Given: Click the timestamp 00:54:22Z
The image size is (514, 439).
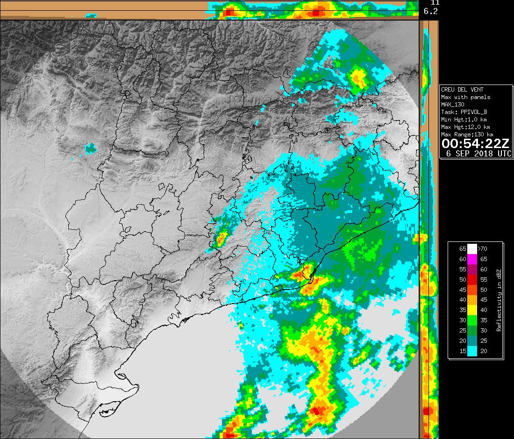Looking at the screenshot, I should point(476,144).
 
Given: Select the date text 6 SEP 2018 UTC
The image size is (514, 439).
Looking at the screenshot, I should point(478,154).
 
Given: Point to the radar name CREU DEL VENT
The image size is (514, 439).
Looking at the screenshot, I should point(462,90).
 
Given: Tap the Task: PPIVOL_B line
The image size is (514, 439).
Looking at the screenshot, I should point(464,112).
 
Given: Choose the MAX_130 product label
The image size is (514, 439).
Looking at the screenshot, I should point(454,105).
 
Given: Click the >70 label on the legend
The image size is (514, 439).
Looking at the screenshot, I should point(484,249).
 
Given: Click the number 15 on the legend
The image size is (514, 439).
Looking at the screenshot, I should point(463,352).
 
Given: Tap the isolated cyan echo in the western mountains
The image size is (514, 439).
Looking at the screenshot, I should point(90,149).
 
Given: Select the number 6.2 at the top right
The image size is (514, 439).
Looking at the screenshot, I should point(430,11).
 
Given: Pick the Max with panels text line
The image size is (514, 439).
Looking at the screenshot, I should point(465,97).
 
